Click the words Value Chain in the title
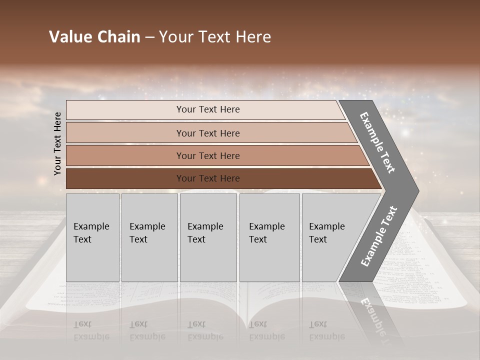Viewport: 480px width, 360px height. pos(94,37)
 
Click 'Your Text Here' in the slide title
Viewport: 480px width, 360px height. pos(215,37)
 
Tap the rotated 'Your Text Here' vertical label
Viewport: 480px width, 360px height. pos(57,143)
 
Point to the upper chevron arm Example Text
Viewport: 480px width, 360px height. pos(377,142)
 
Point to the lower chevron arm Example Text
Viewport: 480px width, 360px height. pos(378,236)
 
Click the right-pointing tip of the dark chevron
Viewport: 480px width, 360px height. pos(413,190)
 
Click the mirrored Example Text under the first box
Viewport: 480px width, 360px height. pos(91,330)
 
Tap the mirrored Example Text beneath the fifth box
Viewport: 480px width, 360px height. pos(327,330)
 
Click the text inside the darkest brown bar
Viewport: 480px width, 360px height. pos(208,178)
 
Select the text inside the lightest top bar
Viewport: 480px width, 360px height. pos(208,109)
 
